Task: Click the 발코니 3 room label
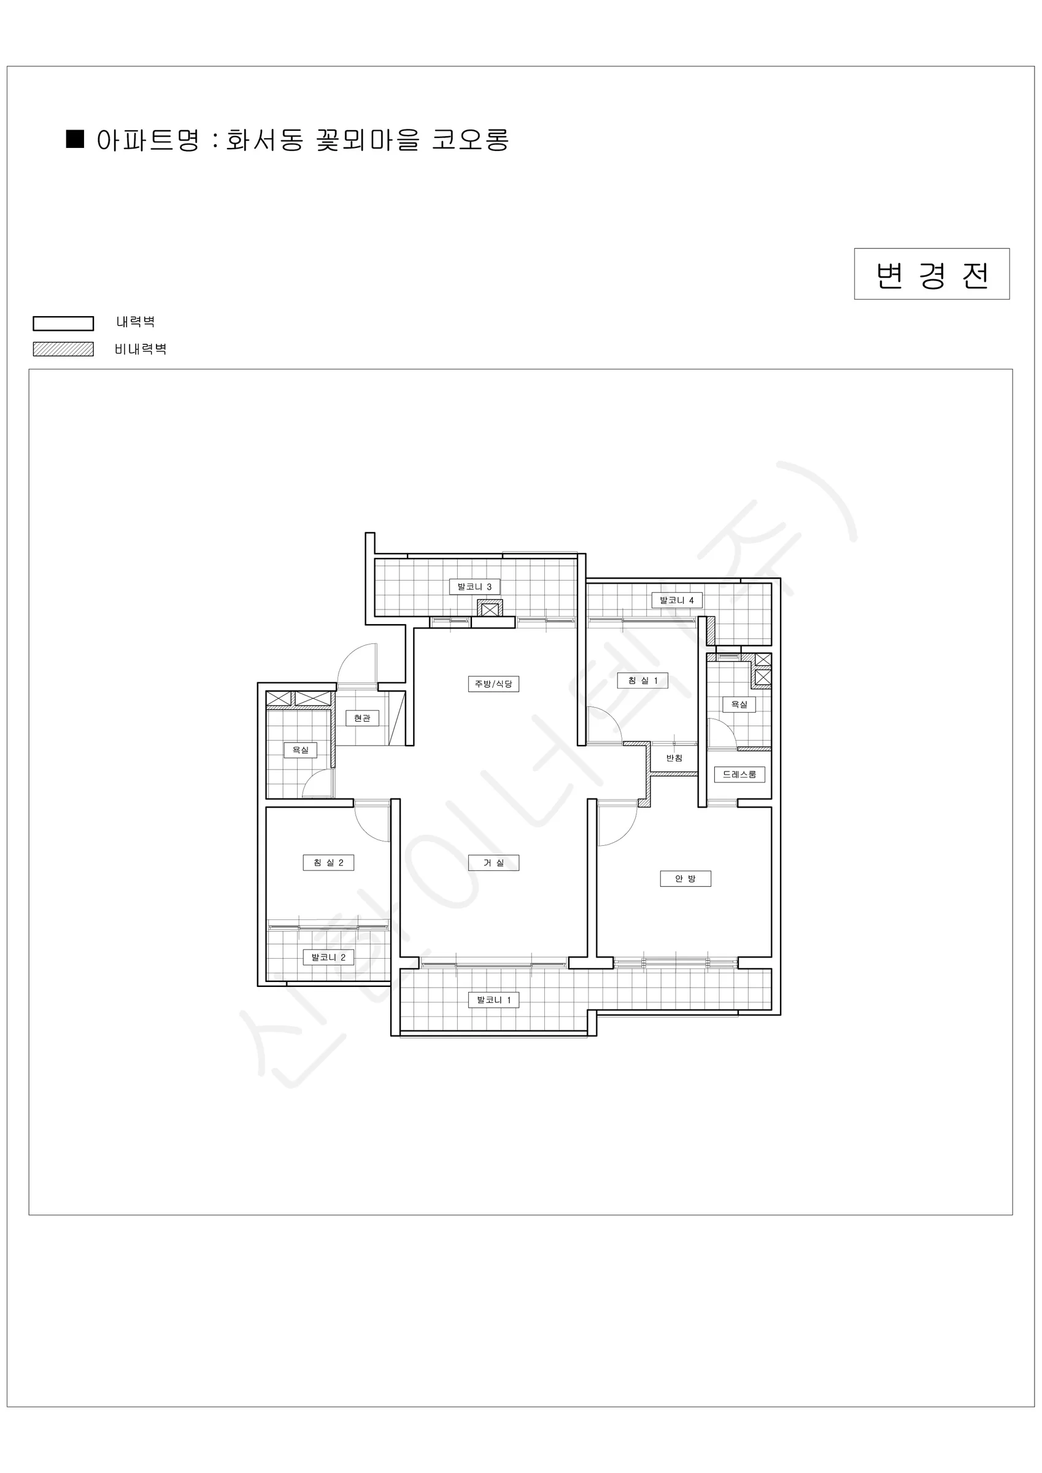[x=474, y=586]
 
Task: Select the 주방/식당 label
[x=493, y=684]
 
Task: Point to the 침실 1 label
[x=643, y=681]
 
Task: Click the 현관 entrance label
[x=362, y=718]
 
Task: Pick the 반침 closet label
[x=674, y=757]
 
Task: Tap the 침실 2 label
[x=328, y=862]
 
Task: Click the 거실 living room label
[x=493, y=862]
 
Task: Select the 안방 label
[x=685, y=878]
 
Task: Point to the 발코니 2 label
[x=328, y=957]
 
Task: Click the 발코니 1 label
[x=493, y=1000]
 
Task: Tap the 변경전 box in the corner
[x=932, y=274]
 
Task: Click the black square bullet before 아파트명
[x=75, y=139]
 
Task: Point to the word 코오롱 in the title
[x=470, y=140]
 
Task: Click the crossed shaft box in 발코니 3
[x=490, y=608]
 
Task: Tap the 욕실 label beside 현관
[x=300, y=749]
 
